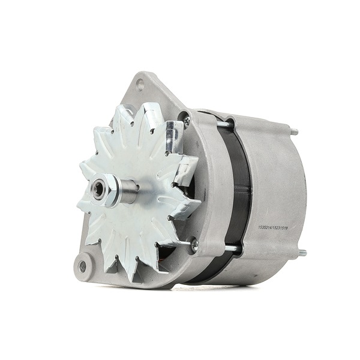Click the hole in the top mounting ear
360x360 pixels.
pyautogui.click(x=140, y=85)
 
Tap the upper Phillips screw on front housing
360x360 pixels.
pyautogui.click(x=187, y=121)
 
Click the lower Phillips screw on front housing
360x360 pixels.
pyautogui.click(x=193, y=244)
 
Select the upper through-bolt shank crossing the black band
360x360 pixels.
pyautogui.click(x=223, y=124)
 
